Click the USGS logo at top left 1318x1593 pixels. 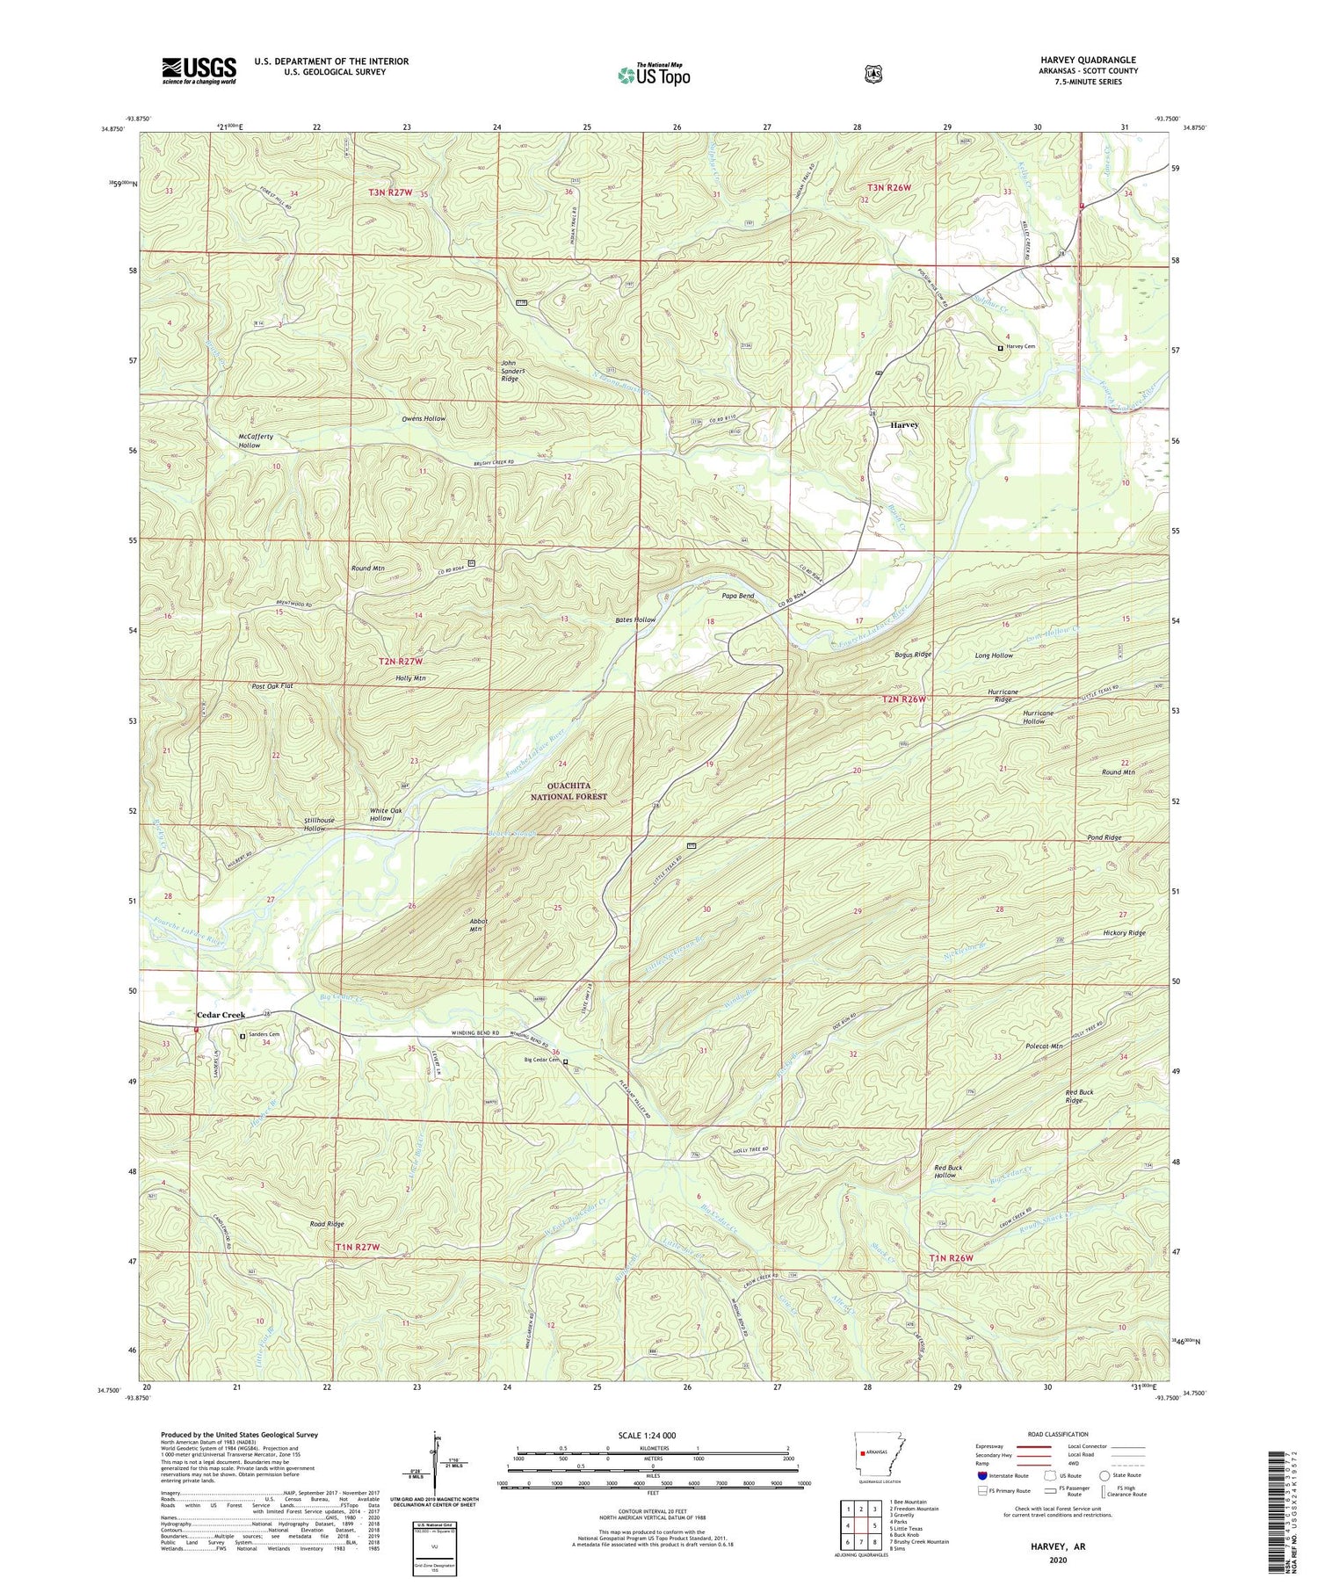199,70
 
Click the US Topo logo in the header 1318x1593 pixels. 654,75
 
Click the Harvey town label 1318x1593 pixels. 904,424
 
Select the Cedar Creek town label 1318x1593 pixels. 221,1015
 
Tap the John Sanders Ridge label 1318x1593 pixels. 515,372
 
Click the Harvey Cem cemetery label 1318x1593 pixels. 1020,347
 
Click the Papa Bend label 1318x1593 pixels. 737,596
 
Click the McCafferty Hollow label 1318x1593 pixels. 255,441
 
